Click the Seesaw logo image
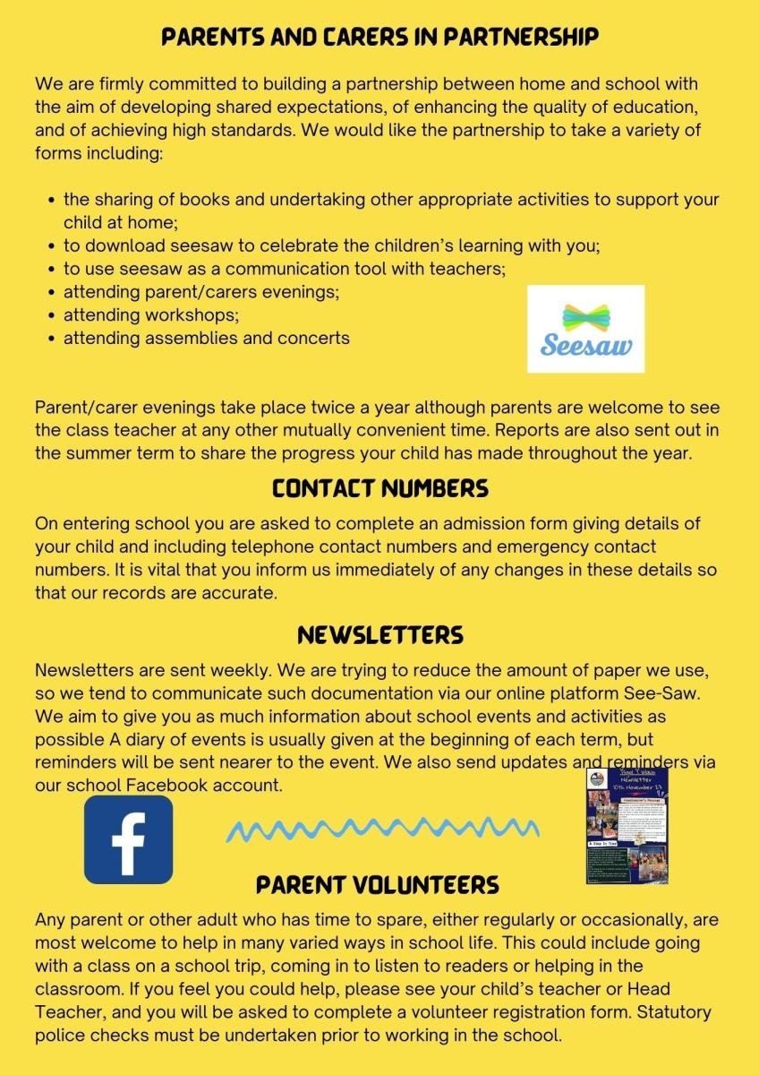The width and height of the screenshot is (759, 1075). pos(585,329)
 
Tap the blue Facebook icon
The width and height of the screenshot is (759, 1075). pos(128,839)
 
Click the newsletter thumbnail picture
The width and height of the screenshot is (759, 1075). pos(627,825)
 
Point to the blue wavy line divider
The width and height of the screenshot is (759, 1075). pos(382,830)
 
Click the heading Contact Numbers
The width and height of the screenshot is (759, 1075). pos(379,488)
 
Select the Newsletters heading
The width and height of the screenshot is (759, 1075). pos(379,635)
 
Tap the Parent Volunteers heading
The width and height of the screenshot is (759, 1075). pos(378,885)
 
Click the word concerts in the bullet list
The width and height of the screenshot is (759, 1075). pos(316,338)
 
